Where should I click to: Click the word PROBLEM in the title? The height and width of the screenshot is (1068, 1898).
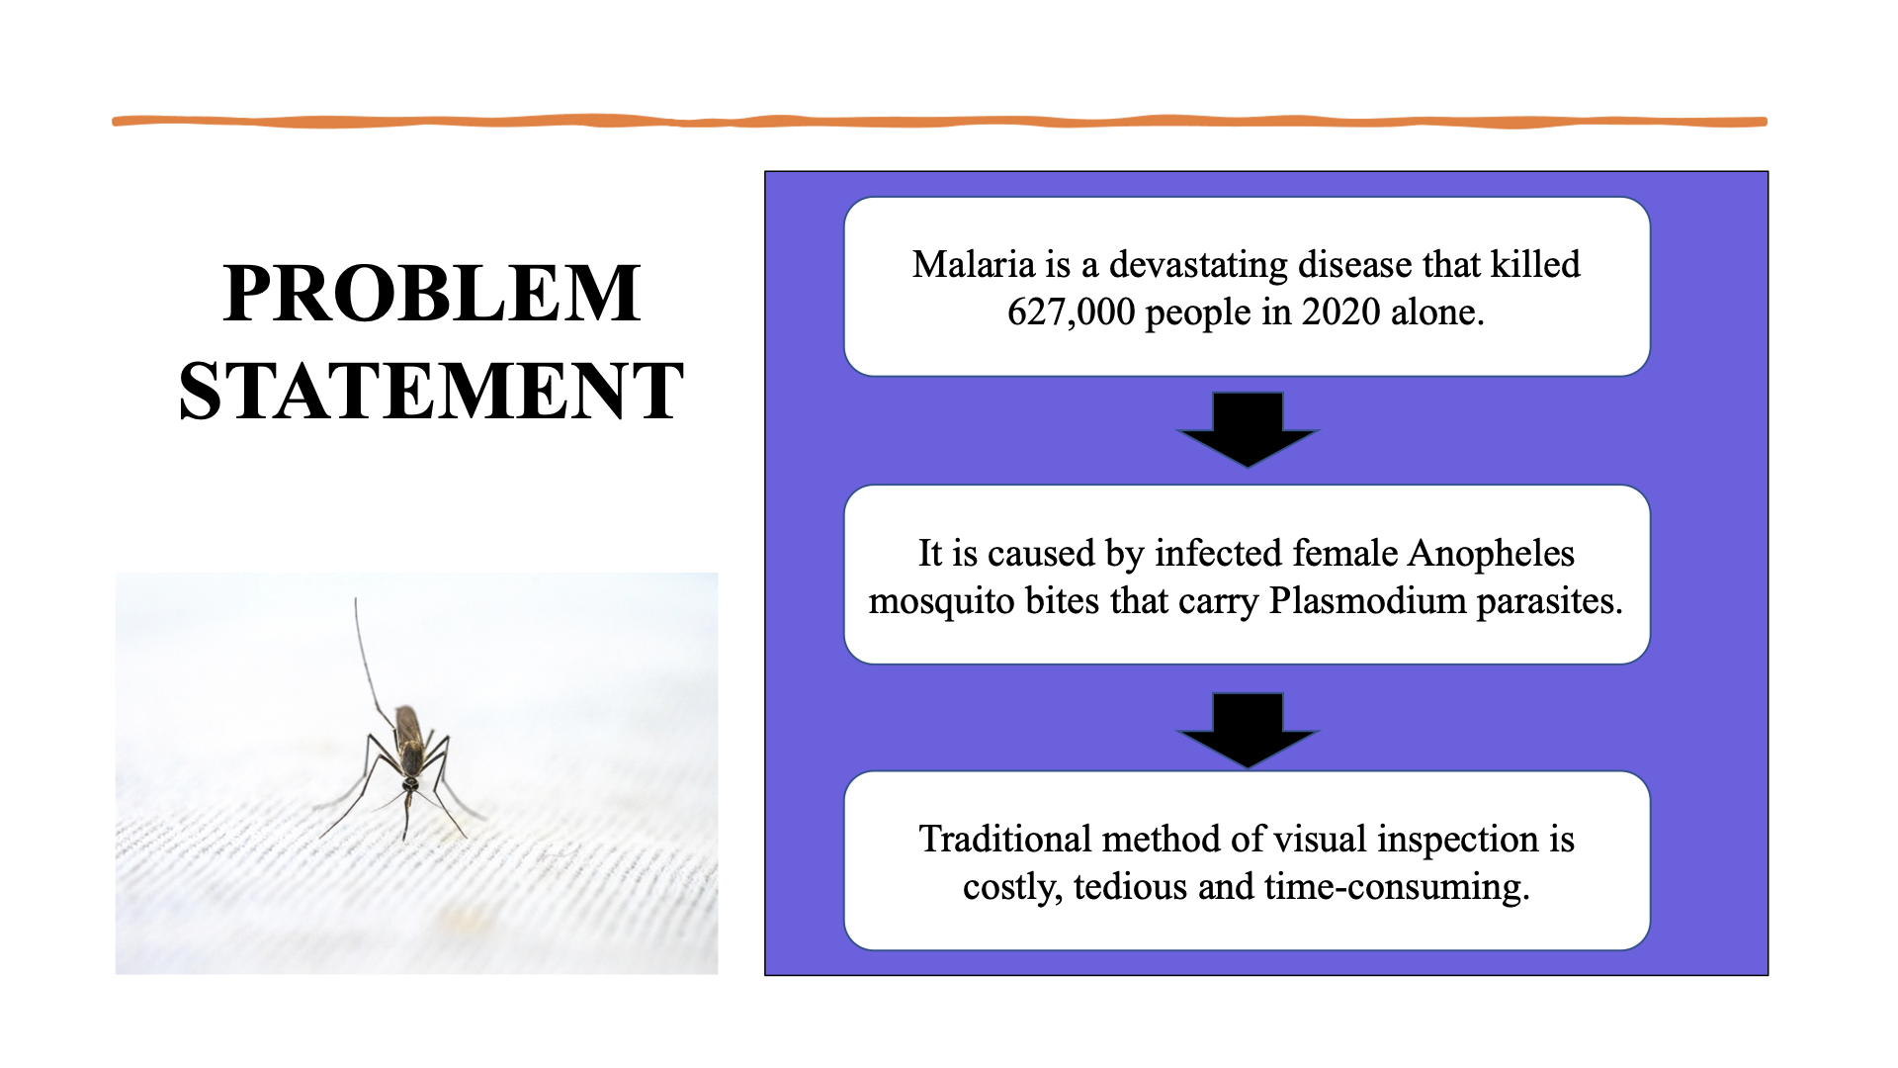pos(432,294)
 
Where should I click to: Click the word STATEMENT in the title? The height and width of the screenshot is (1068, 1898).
pos(431,392)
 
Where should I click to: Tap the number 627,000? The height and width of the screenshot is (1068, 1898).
pos(1071,312)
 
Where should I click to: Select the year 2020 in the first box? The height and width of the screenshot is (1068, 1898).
pos(1340,312)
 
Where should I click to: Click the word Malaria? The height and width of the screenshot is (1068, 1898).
pos(973,265)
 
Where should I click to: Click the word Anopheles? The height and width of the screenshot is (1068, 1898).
pos(1491,554)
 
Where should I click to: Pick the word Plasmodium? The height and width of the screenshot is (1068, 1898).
pos(1367,601)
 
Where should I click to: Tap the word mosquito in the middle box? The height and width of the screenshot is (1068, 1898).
pos(941,601)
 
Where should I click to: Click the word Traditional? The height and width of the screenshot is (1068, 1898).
pos(1004,840)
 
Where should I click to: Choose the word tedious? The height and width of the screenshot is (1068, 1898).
pos(1130,887)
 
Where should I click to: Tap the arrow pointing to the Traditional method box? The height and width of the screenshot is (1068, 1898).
pos(1248,730)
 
